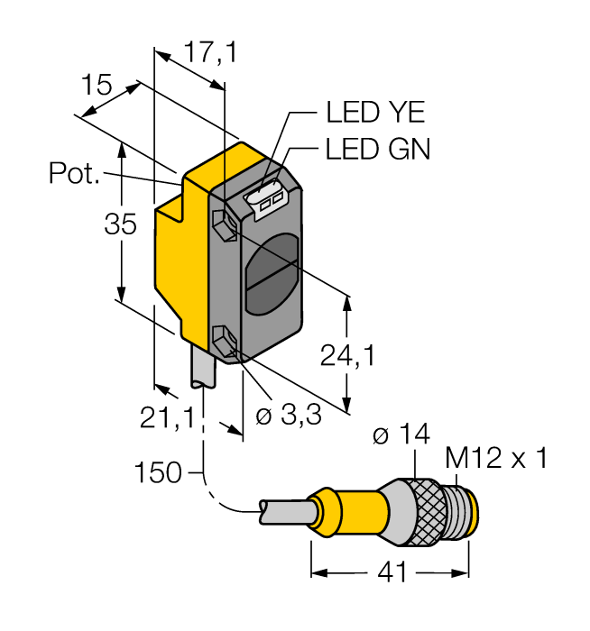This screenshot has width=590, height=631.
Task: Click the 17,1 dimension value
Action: point(209,54)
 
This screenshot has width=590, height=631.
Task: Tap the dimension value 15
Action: point(96,86)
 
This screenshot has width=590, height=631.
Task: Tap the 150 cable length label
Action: point(157,471)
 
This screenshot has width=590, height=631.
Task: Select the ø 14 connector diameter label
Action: point(400,437)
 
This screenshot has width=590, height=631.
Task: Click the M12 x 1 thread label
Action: point(496,460)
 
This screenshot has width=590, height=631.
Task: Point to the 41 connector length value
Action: point(390,573)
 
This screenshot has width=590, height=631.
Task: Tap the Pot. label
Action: point(74,173)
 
